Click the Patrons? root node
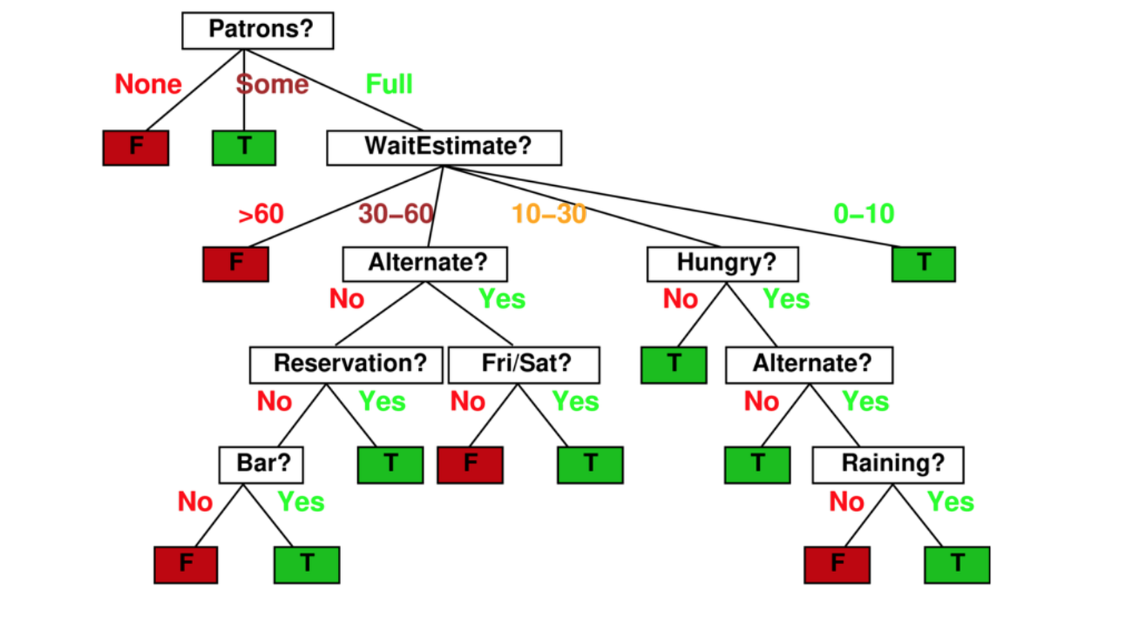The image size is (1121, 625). coord(257,30)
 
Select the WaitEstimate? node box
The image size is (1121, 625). coord(444,147)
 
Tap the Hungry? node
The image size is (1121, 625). coord(722,263)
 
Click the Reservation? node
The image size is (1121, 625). coord(346,364)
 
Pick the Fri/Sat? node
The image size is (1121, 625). coord(524,364)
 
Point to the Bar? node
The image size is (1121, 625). coord(261,465)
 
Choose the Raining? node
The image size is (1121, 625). coord(888,465)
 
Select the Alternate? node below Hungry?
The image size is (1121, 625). coord(809,364)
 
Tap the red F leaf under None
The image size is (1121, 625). coord(136,147)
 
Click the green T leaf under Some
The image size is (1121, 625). coord(244,147)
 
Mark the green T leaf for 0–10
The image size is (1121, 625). coord(924,264)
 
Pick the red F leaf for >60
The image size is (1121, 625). coord(235,264)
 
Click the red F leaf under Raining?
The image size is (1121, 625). coord(837,564)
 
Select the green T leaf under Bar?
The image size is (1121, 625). coord(307,564)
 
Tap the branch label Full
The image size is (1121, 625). coord(389,84)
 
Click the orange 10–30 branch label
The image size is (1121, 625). coord(549,214)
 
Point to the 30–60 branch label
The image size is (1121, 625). coord(396,214)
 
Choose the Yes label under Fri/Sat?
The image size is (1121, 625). coord(576,401)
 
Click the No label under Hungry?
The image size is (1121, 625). coord(681,299)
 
